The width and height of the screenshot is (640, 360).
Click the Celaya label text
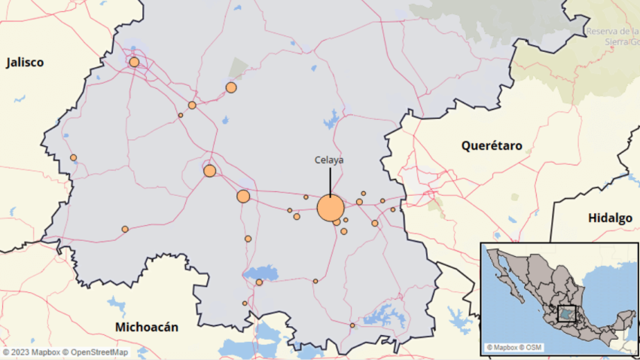330,160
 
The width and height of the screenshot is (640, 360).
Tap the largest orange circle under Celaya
331,208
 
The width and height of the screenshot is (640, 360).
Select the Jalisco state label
25,63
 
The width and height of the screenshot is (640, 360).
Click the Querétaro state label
492,145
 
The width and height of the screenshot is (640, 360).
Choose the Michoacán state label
147,327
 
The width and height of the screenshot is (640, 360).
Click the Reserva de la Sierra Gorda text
612,35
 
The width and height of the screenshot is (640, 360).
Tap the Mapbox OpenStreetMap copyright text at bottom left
65,352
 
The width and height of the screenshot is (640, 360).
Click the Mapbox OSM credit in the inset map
513,347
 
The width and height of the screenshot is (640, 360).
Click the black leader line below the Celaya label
330,181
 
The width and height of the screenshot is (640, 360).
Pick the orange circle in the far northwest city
134,62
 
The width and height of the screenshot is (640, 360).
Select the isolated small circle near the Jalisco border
73,157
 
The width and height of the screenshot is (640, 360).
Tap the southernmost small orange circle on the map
352,325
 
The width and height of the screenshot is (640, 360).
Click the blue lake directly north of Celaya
332,119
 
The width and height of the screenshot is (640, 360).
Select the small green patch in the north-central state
239,69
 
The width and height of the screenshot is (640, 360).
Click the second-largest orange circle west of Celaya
243,197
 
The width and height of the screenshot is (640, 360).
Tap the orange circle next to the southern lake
259,282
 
